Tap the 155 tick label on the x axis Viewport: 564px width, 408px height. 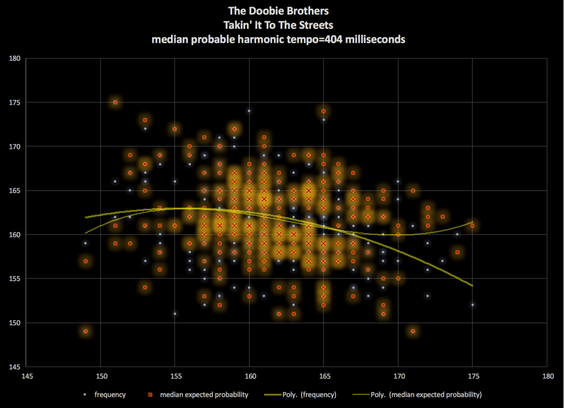point(175,376)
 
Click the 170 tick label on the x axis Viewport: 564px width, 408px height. point(398,376)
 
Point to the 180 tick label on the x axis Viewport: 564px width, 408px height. point(547,376)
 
